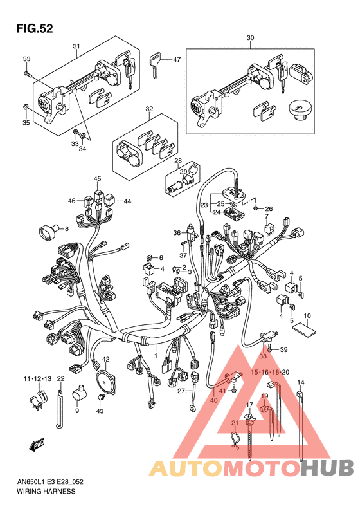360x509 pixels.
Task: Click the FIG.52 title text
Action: pos(35,28)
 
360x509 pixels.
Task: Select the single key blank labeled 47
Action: pos(155,66)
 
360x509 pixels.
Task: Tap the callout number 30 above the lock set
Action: pos(250,38)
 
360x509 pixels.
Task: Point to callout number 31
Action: pos(76,46)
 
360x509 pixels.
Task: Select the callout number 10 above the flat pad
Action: pos(307,315)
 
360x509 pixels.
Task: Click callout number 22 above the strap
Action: pos(60,378)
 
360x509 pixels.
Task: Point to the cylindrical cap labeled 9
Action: pos(80,392)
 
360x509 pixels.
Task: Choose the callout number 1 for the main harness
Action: pos(156,356)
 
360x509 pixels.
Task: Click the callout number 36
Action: pos(177,232)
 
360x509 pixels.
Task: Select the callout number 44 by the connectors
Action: pos(127,201)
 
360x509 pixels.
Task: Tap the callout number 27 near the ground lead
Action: pos(181,391)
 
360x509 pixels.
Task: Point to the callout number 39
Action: pos(283,349)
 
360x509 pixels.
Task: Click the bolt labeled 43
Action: pos(100,397)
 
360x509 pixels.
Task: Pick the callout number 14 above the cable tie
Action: pos(301,382)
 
